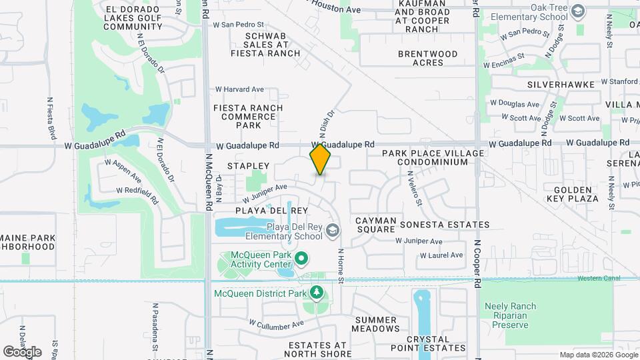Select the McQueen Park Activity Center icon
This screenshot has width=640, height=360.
point(301,257)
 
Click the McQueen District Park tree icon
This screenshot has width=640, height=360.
point(316,293)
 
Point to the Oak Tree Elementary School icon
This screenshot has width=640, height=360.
point(577,11)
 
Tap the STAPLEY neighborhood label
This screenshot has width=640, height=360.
point(248,165)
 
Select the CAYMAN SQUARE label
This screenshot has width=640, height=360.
point(376,225)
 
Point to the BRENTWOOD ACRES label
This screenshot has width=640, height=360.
point(428,58)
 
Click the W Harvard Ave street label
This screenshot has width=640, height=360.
point(239,89)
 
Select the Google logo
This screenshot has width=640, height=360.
point(22,351)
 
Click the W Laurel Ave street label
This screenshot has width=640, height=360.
point(441,255)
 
